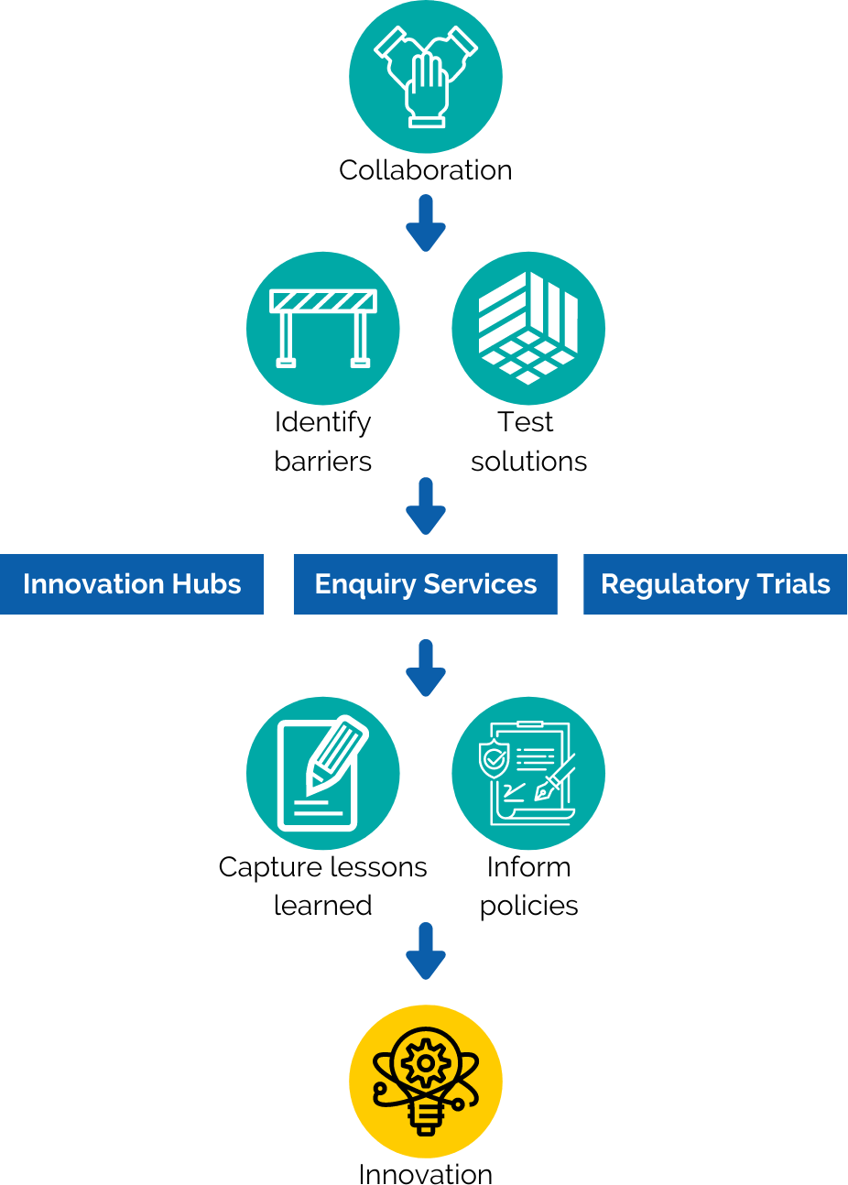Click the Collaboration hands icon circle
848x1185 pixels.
425,77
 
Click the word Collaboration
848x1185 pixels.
425,170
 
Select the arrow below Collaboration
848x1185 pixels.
425,224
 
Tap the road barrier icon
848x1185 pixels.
322,328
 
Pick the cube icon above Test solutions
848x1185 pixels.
528,328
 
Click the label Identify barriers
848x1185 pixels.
322,441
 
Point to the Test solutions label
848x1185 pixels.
528,441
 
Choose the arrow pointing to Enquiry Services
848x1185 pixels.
425,507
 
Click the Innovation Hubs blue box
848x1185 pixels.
132,584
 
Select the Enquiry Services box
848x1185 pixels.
425,584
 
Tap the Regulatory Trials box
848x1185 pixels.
715,584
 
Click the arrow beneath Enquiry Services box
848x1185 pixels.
425,669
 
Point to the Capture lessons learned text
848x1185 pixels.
322,886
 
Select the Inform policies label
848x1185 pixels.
528,886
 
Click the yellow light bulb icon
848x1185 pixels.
425,1082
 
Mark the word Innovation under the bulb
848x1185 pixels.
425,1173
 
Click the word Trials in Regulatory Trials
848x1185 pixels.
793,584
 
